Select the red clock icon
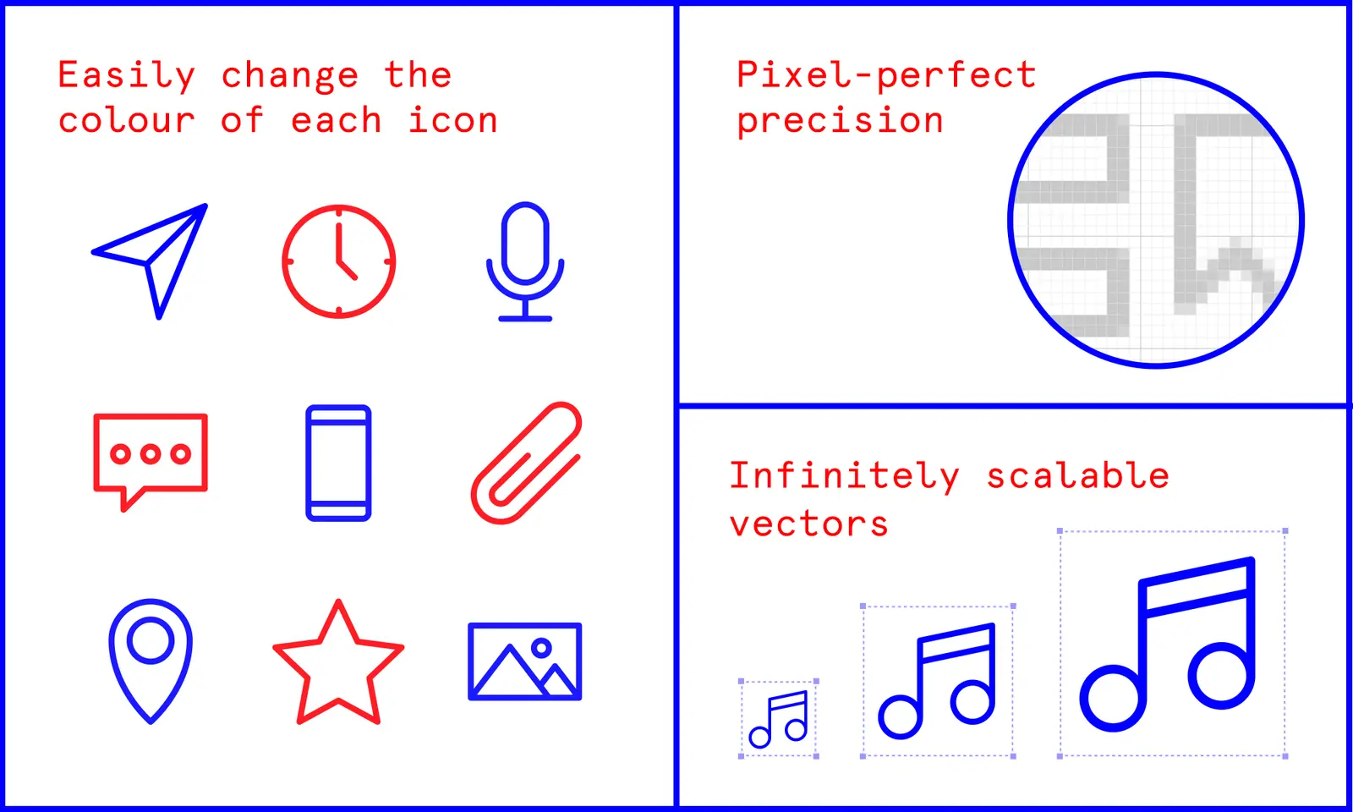[x=338, y=261]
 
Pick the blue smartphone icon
[x=338, y=463]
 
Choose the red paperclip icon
[x=526, y=464]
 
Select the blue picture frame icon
[x=525, y=661]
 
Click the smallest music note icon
[x=779, y=719]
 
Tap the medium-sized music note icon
[x=937, y=682]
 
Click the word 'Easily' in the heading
[x=127, y=75]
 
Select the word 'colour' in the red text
[x=127, y=121]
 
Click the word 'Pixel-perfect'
[x=886, y=75]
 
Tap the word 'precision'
[x=840, y=121]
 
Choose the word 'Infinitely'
[x=844, y=476]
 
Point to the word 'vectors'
[x=809, y=524]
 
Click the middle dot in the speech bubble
[x=151, y=454]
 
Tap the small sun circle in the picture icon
[x=541, y=649]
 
